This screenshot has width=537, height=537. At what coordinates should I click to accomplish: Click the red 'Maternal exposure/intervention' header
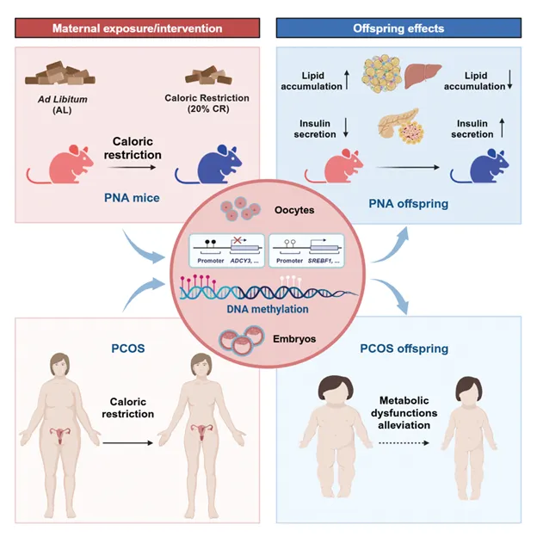[138, 28]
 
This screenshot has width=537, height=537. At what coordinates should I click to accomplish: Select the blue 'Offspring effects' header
[398, 28]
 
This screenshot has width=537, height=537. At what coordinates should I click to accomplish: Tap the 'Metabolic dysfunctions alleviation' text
[398, 411]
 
